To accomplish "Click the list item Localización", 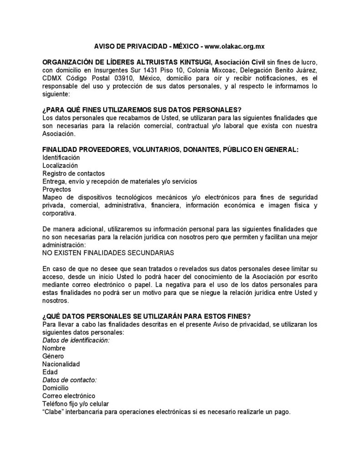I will tap(60, 165).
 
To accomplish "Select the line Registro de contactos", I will tap(73, 173).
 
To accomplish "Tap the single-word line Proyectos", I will tap(56, 189).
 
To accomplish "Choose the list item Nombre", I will tap(54, 348).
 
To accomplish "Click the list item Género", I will tap(53, 356).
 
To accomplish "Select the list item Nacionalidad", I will tap(61, 364).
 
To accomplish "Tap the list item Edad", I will tap(50, 372).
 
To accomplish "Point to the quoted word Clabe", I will tap(52, 411).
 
